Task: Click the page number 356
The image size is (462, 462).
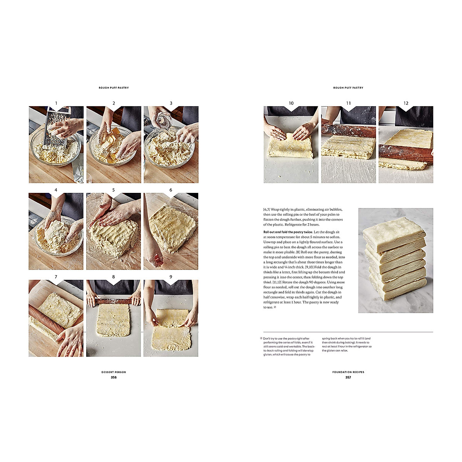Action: coord(114,377)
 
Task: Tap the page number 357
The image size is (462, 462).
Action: coord(348,377)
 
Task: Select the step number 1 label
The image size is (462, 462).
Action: coord(56,103)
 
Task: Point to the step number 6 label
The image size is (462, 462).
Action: coord(171,190)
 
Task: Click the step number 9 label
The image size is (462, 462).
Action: coord(171,277)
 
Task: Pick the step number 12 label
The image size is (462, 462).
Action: coord(406,103)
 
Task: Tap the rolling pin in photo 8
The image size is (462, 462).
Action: coord(114,301)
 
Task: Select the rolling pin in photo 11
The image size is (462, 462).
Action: coord(348,130)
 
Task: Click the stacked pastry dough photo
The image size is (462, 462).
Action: coord(395,260)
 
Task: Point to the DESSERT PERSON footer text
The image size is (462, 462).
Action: coord(114,372)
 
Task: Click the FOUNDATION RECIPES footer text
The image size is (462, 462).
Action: coord(348,372)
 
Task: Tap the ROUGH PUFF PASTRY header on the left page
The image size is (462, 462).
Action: coord(114,88)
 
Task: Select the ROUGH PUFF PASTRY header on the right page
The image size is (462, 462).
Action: coord(348,88)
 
